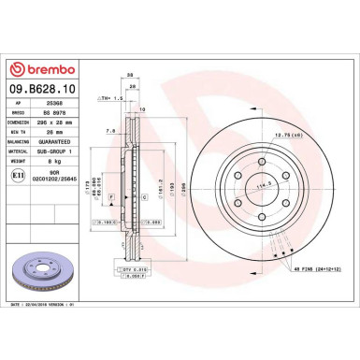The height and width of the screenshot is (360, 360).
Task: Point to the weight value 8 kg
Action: pos(53,166)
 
